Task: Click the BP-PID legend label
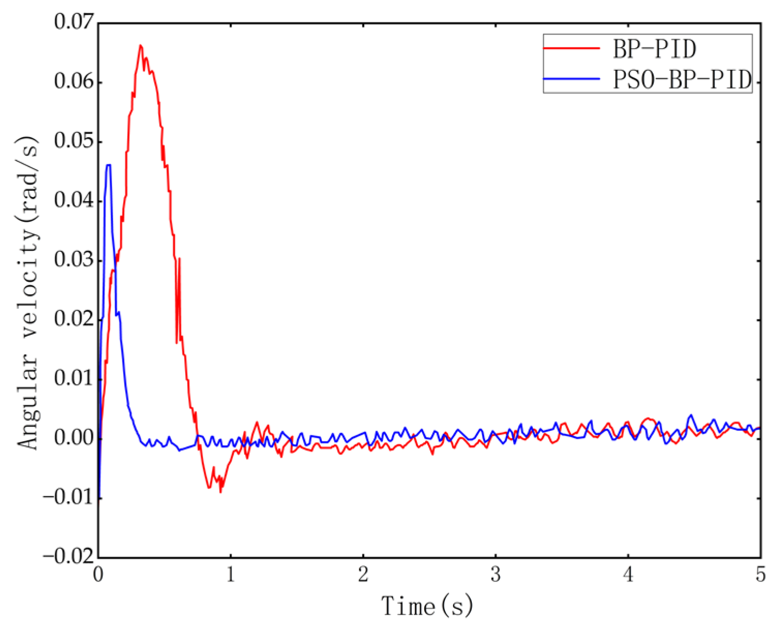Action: [x=654, y=50]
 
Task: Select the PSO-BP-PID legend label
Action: [x=682, y=80]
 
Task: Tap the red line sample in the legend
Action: [x=571, y=49]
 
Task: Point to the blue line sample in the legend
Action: [x=571, y=79]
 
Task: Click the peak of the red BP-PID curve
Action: [x=140, y=46]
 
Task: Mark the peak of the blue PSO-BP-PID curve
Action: [x=108, y=165]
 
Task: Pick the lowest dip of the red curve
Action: [x=220, y=491]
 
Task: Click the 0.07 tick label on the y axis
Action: [x=74, y=23]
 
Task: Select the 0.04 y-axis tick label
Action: [x=74, y=201]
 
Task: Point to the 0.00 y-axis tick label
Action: [x=74, y=438]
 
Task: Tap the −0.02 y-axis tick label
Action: [x=69, y=557]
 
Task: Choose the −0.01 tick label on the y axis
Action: [x=69, y=498]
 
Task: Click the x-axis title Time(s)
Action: [x=427, y=606]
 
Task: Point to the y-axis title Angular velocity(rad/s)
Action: [x=28, y=293]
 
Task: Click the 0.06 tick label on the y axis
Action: [x=74, y=82]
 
